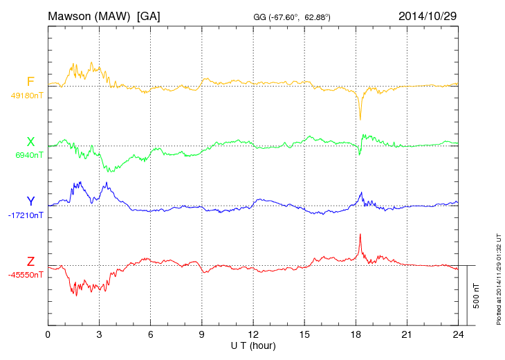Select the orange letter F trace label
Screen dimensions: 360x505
[30, 82]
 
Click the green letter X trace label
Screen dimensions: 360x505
[30, 142]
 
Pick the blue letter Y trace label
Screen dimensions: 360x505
[30, 201]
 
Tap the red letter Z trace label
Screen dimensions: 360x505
[30, 261]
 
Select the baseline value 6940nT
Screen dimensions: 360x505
[28, 155]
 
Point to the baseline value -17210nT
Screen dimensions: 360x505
[26, 215]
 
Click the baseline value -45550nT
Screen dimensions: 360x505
[26, 275]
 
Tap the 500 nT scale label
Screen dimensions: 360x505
[477, 295]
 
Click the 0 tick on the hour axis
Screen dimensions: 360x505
[48, 335]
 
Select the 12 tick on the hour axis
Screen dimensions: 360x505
[253, 335]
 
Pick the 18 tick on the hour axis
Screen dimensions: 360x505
[356, 335]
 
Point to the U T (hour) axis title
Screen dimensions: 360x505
[253, 345]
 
